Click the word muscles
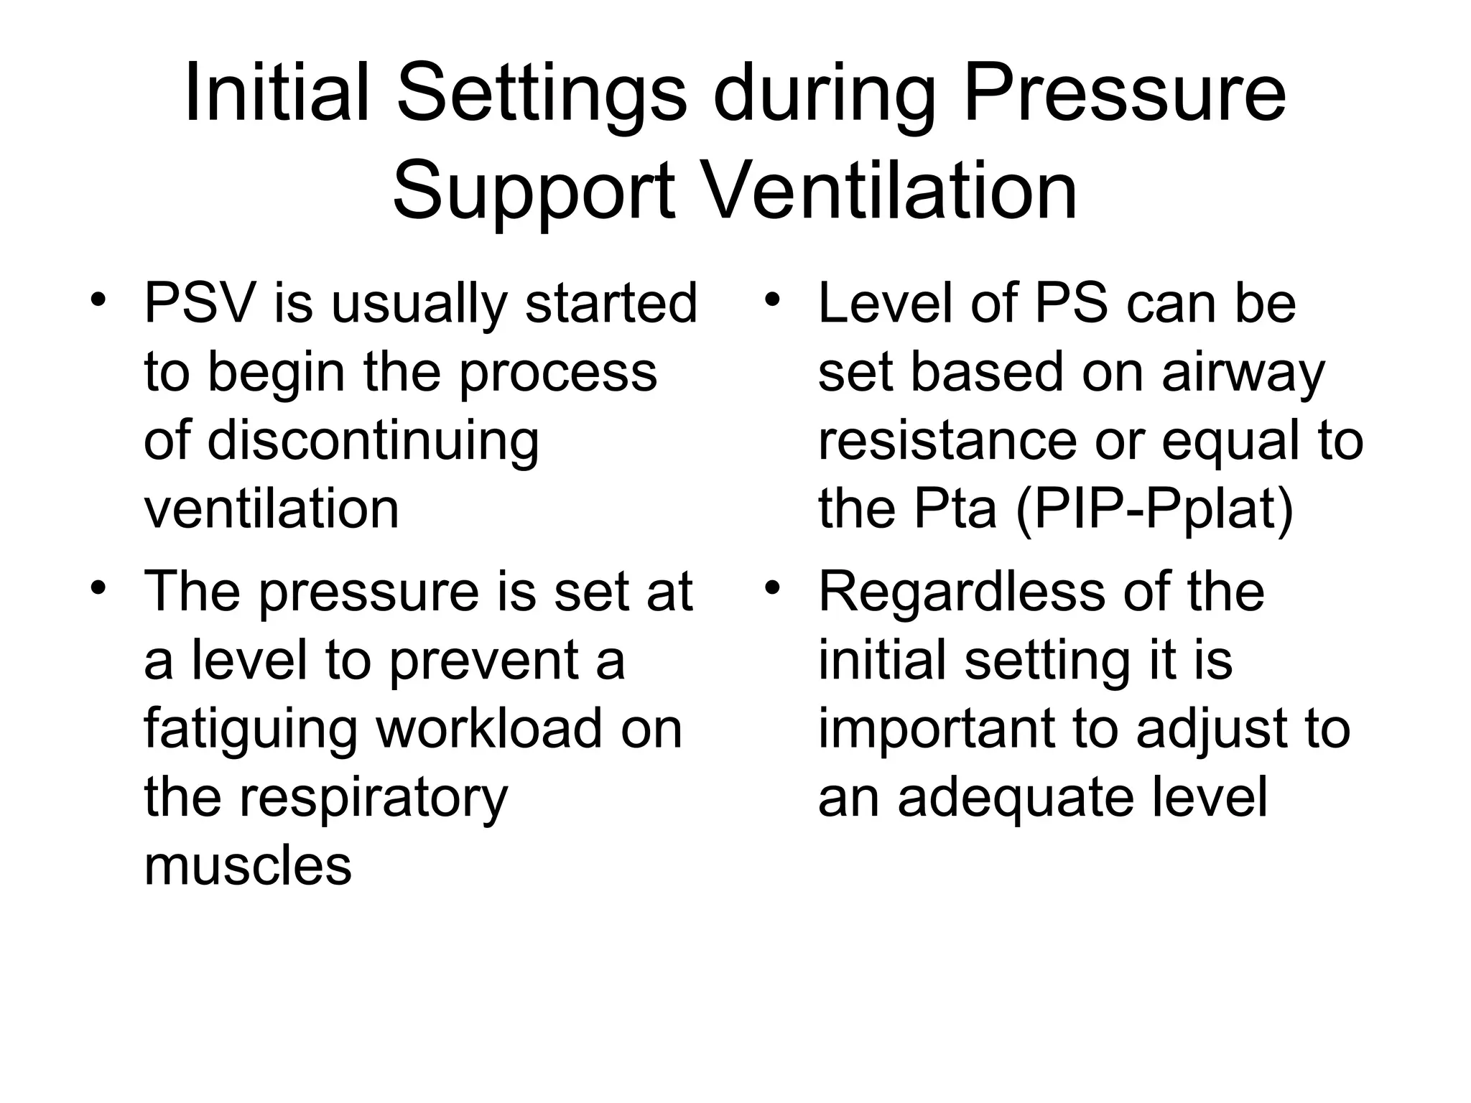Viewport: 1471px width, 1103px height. pos(248,866)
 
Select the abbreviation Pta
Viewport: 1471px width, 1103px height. pos(955,508)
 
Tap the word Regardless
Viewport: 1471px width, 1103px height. pos(960,593)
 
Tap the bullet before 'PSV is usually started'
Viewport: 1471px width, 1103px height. pos(98,299)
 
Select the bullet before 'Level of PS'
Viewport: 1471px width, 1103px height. pos(772,299)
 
